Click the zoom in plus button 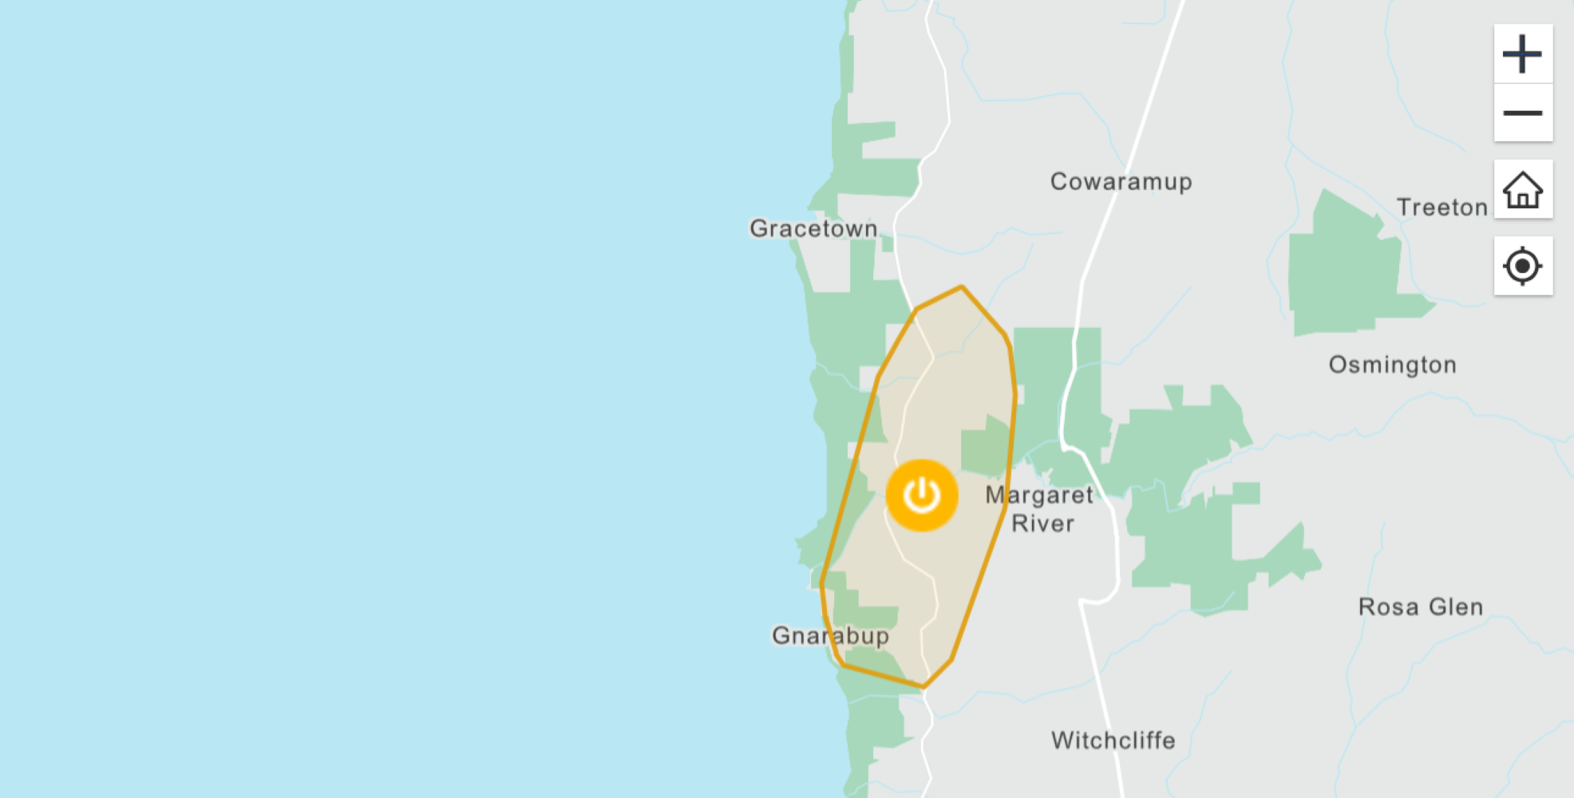[1523, 54]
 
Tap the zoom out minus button [1523, 113]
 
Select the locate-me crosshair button [1523, 266]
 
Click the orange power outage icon [922, 496]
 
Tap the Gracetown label [813, 229]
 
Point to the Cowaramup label [1121, 182]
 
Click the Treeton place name [1442, 207]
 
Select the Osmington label [1392, 365]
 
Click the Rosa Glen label [1420, 607]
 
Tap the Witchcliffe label [1113, 741]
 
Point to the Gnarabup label [830, 636]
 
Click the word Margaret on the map [1038, 496]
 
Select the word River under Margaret [1042, 524]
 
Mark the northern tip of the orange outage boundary [962, 286]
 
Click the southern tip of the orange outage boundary [923, 686]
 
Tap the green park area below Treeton [1349, 271]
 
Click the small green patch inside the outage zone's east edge [986, 447]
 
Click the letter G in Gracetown [759, 229]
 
